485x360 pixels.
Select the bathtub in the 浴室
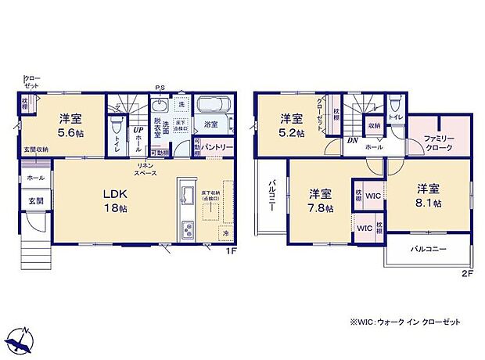(211, 106)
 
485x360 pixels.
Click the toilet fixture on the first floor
(117, 125)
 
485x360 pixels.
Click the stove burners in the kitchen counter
(189, 229)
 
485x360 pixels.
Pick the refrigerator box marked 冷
(226, 233)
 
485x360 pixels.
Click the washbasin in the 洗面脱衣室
(160, 107)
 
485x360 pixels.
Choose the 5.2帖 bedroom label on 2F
(293, 124)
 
